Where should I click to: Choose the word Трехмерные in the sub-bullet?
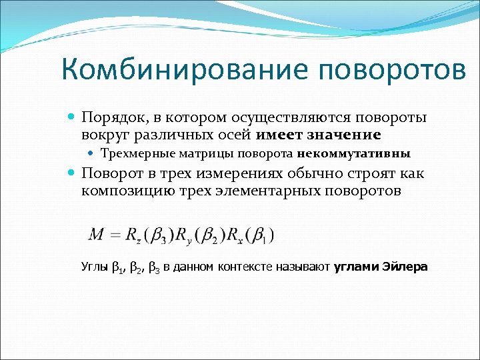137,153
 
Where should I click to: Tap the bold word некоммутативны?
354,153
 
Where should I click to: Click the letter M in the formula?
96,235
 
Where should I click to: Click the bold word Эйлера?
405,267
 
